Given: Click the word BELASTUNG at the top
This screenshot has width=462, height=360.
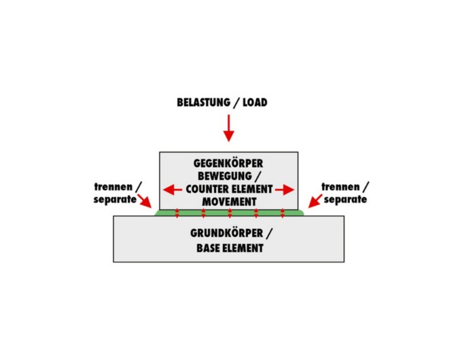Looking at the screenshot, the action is [x=204, y=103].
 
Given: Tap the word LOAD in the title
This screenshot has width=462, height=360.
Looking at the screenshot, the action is [x=255, y=103].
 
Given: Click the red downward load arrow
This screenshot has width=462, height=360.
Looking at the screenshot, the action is [x=229, y=128].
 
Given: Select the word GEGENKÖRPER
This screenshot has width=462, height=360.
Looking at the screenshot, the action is [x=228, y=163].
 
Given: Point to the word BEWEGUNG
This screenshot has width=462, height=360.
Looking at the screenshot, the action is [x=225, y=176].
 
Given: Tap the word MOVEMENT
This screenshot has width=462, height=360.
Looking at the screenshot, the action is [x=229, y=202].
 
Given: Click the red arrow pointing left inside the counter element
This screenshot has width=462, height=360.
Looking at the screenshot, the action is [x=173, y=190].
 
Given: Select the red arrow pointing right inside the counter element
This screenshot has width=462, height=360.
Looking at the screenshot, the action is [x=285, y=190].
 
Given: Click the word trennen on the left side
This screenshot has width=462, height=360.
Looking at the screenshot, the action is [x=113, y=187].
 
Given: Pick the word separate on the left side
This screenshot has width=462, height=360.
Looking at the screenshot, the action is [x=115, y=200].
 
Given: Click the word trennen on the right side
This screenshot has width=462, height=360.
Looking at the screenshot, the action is [x=340, y=187].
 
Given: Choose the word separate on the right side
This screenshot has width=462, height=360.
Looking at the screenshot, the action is [x=345, y=200].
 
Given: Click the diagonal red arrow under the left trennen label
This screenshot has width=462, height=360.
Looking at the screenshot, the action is [x=145, y=201].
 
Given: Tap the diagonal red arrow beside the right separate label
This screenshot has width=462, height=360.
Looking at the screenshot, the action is [x=315, y=201].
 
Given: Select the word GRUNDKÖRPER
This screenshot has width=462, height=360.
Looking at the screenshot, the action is [x=226, y=233].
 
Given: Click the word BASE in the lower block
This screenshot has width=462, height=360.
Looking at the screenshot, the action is [x=207, y=248].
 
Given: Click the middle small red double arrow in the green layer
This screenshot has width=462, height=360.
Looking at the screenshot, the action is [x=230, y=213].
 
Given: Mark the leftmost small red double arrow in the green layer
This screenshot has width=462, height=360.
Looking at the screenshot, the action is [x=177, y=213].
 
